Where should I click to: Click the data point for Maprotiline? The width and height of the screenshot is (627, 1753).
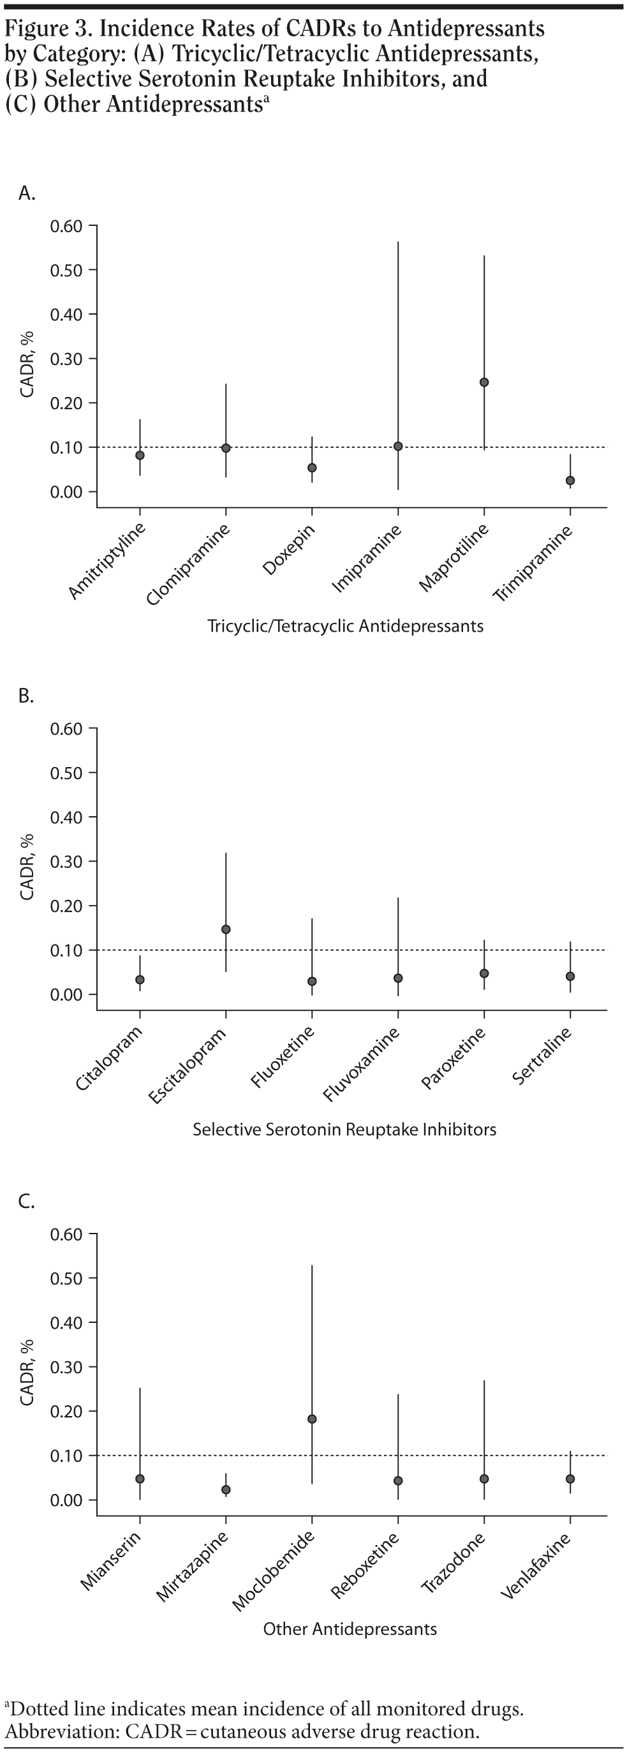(484, 382)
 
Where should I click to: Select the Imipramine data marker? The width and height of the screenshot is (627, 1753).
(399, 447)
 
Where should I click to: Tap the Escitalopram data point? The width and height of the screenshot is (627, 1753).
(226, 930)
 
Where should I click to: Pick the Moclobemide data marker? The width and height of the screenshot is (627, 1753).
(312, 1419)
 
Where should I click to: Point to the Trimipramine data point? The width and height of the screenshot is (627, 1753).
(571, 481)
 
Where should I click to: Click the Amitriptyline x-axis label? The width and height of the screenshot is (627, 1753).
(107, 562)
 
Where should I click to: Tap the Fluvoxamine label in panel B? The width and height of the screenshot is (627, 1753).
(361, 1065)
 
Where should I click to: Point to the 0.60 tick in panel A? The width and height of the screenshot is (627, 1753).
(66, 226)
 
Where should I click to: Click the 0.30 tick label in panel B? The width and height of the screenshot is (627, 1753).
(66, 862)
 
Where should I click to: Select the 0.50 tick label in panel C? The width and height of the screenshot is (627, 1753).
(66, 1278)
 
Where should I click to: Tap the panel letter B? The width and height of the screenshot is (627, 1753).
(26, 696)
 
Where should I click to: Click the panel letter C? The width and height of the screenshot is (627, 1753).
(26, 1201)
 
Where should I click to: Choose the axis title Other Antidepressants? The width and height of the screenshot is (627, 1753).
(350, 1629)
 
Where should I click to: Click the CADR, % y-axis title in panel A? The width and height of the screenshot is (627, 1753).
(27, 364)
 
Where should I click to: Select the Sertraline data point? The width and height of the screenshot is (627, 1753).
(571, 976)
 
